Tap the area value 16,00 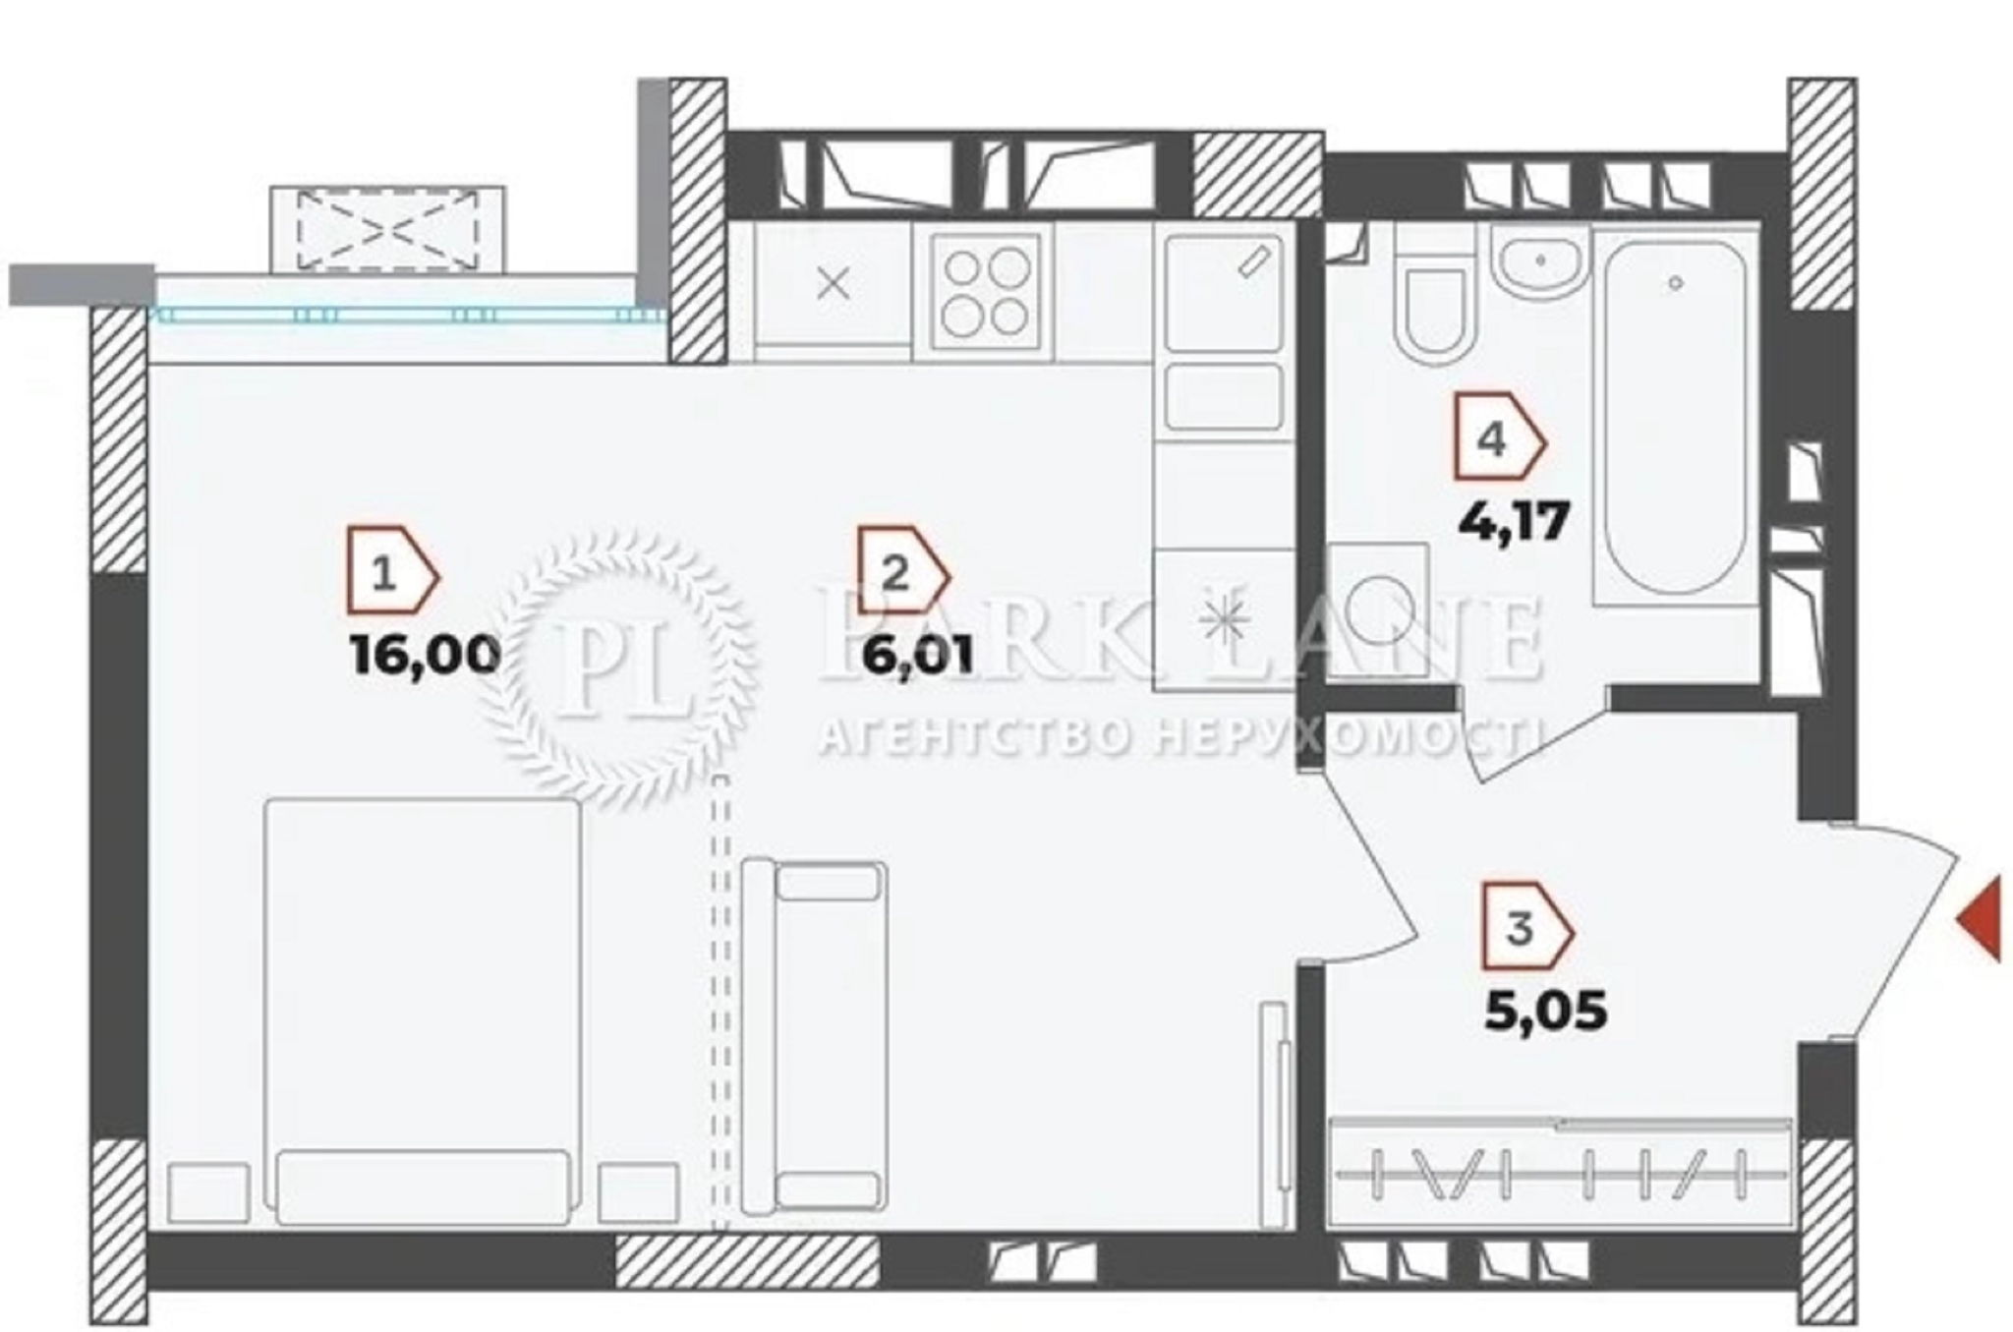(425, 654)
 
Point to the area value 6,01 (917, 654)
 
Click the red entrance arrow (1978, 921)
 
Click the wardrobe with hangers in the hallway (1559, 1173)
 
